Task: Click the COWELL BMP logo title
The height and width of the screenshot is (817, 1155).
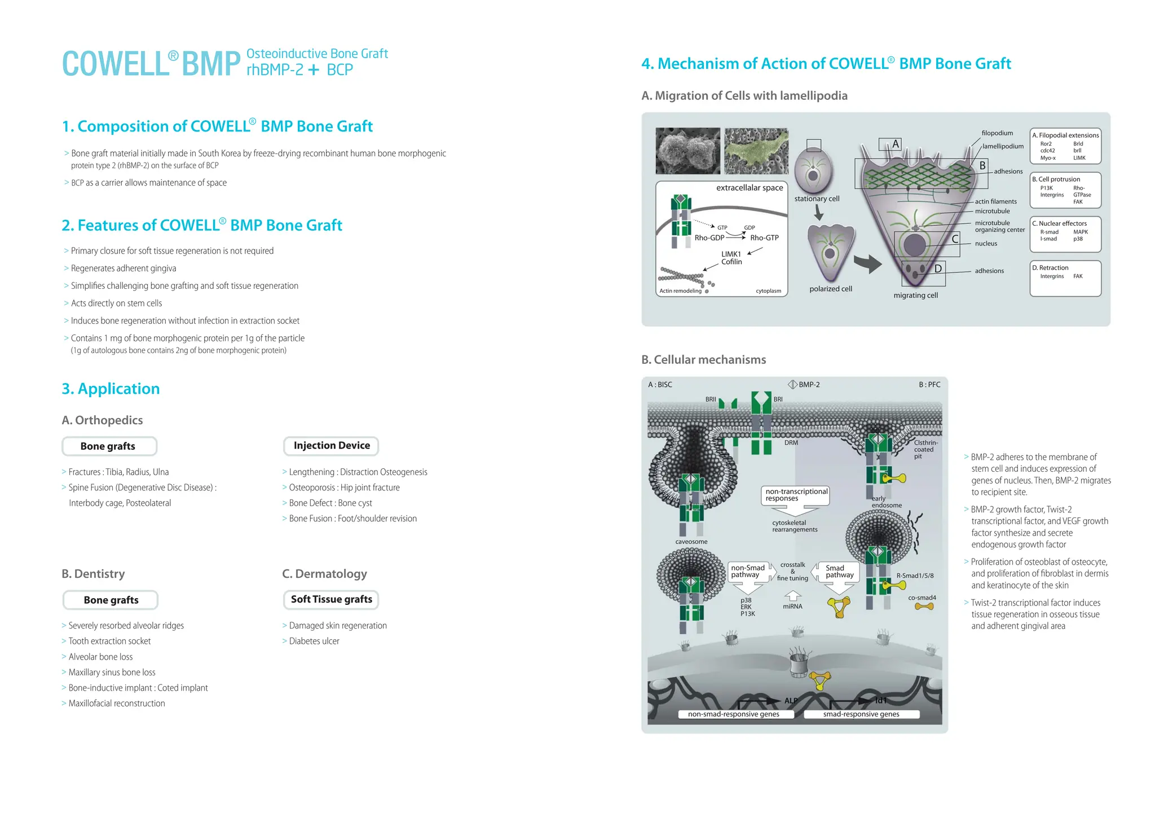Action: (x=151, y=64)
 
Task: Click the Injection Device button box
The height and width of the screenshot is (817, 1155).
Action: (x=331, y=446)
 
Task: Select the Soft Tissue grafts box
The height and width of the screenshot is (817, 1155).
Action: (x=331, y=599)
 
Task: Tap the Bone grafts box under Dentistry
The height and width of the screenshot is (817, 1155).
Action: (x=111, y=600)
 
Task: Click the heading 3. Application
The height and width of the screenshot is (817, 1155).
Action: (x=111, y=389)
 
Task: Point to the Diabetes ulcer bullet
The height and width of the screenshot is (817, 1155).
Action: (x=314, y=641)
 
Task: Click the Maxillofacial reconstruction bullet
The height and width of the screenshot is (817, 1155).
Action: (x=116, y=703)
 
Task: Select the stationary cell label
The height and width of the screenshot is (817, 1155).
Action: (x=817, y=199)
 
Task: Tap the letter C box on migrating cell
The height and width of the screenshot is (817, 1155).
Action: (x=955, y=239)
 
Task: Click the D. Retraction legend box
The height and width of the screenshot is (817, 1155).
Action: (x=1065, y=278)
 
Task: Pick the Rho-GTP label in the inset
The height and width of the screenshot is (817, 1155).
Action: (x=764, y=238)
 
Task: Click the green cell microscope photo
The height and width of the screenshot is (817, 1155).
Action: (x=756, y=151)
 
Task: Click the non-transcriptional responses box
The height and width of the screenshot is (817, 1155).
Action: (x=796, y=495)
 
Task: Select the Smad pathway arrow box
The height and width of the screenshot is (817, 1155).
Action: (x=839, y=572)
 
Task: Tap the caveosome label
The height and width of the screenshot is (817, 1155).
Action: (x=691, y=542)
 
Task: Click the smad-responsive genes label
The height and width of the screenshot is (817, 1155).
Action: (x=861, y=714)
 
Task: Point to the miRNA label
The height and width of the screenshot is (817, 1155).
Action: (x=792, y=607)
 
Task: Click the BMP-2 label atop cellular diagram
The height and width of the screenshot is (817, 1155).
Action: (x=809, y=385)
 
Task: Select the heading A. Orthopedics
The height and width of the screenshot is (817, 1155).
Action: (x=102, y=420)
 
